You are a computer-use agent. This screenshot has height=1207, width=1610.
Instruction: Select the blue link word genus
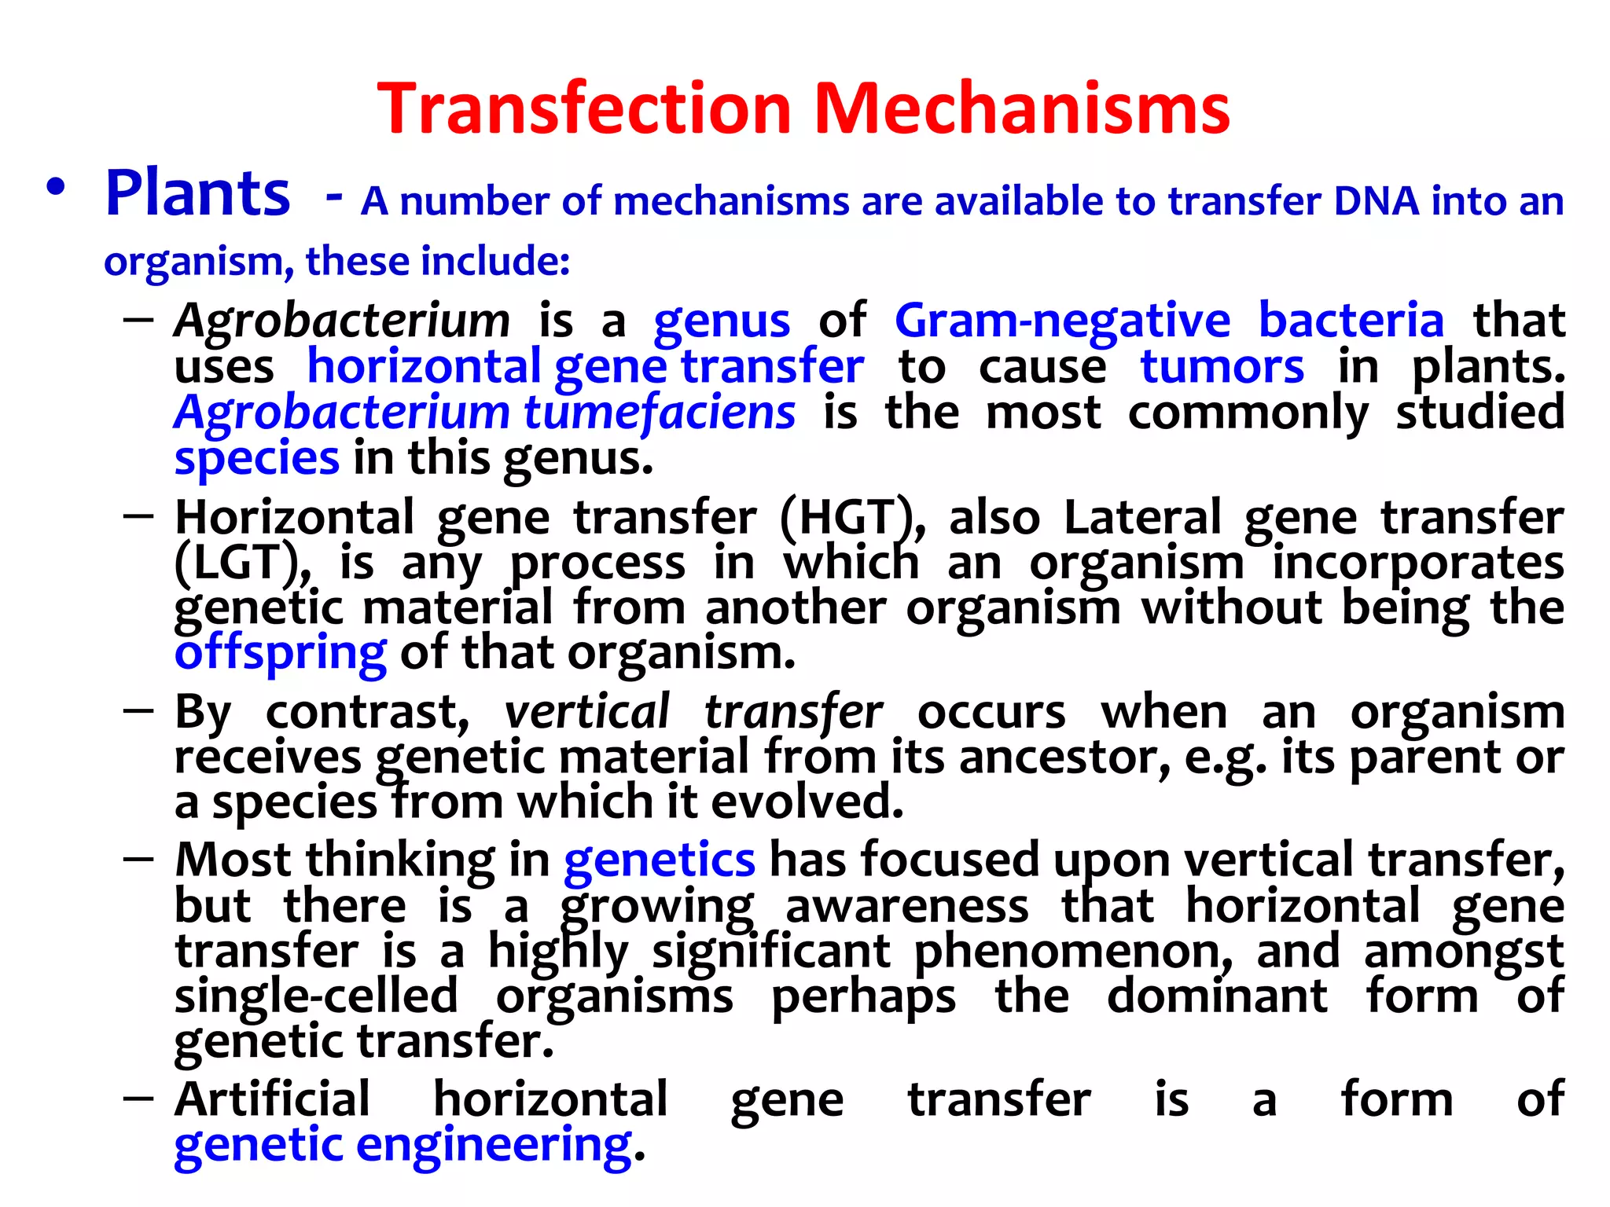pos(722,322)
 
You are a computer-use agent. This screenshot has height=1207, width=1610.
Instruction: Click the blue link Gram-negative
pos(1062,322)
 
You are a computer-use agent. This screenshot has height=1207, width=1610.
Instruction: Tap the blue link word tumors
pos(1222,367)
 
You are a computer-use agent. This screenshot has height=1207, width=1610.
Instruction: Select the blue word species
pos(257,459)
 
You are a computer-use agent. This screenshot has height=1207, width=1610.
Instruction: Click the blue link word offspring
pos(281,654)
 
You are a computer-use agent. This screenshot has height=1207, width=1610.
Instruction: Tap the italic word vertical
pos(586,713)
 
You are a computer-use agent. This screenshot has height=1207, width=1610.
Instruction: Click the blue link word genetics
pos(660,860)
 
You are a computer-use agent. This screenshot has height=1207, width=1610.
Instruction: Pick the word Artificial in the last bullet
pos(272,1099)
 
